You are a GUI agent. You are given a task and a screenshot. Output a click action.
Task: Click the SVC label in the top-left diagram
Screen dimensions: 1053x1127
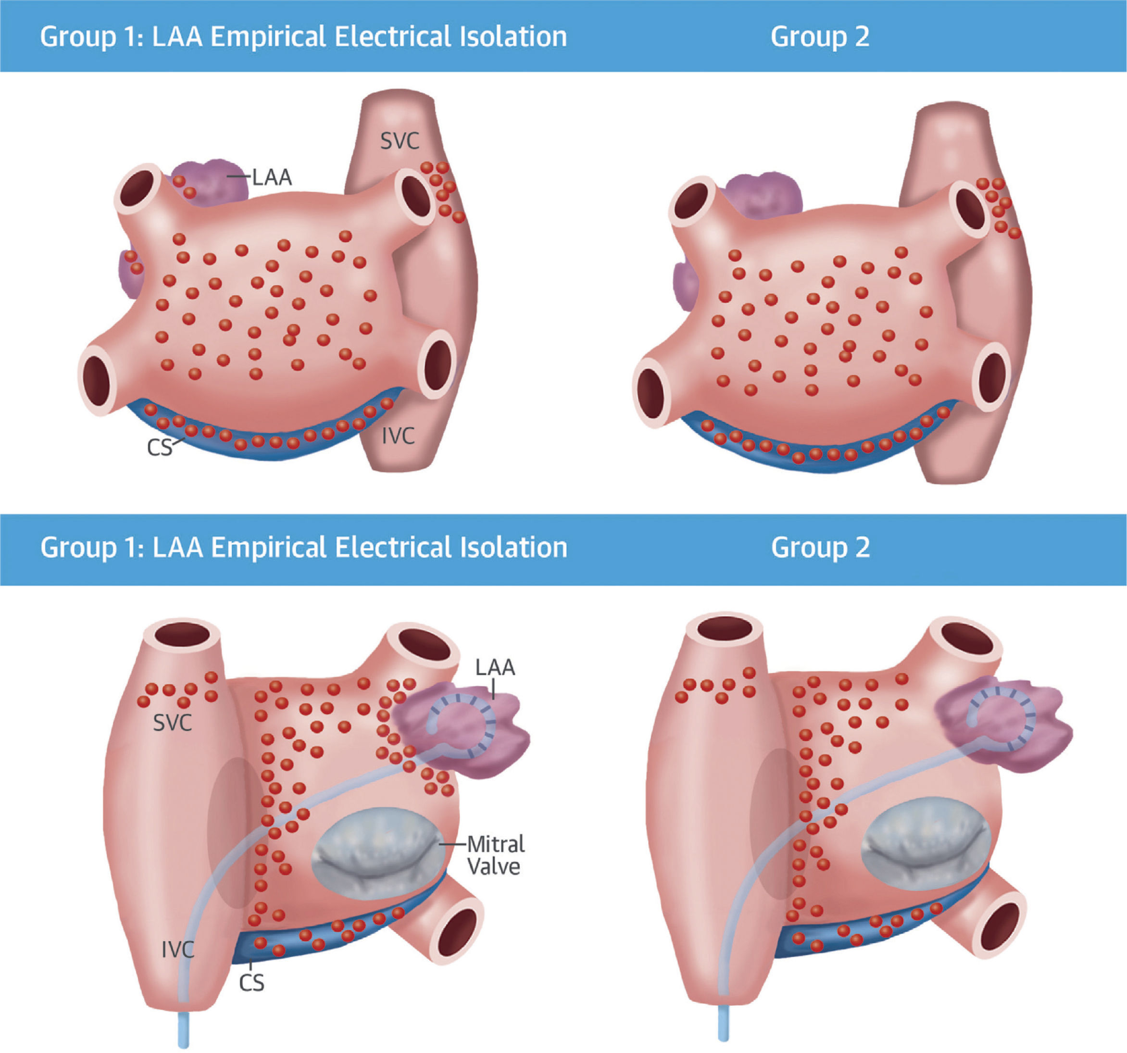point(400,140)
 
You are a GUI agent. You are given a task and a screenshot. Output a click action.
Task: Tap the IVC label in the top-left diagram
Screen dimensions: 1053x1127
point(398,436)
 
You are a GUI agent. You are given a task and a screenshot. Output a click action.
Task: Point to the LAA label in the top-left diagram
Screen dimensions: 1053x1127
point(272,177)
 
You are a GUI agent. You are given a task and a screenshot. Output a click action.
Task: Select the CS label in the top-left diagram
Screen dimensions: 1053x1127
point(159,448)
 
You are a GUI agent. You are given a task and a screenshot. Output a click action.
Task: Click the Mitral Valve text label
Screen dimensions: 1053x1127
point(495,855)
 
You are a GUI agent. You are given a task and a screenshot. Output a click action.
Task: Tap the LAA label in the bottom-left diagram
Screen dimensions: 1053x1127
point(495,667)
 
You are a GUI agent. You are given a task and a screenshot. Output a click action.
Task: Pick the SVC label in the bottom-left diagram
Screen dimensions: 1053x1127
point(172,723)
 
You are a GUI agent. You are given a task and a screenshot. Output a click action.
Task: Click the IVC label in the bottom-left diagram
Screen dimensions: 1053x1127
point(177,949)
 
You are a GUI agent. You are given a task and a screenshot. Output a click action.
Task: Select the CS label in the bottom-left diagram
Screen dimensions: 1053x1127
point(251,983)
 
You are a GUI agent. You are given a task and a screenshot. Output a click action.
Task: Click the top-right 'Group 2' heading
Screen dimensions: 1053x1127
point(820,36)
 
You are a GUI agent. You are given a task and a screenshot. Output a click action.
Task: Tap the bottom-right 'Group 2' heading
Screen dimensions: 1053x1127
point(820,548)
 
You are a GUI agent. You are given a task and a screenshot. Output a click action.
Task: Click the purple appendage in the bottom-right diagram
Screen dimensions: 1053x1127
point(1003,723)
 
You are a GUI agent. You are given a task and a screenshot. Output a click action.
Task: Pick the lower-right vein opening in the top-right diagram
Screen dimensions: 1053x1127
point(991,376)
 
